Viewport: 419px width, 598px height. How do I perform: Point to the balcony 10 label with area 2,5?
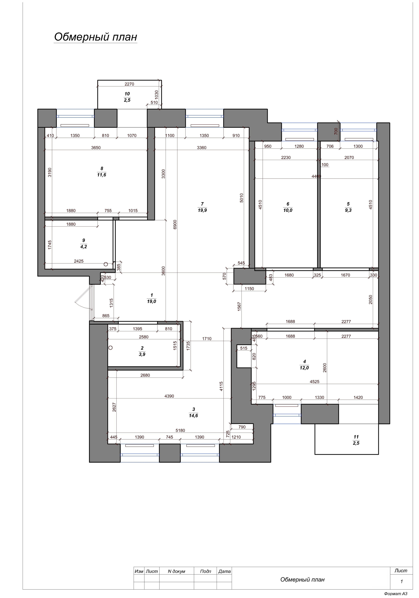tap(127, 97)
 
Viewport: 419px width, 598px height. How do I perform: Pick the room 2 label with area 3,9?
tap(142, 351)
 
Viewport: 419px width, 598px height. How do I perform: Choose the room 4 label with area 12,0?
tap(304, 365)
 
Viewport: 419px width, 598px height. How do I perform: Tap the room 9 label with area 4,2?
tap(84, 243)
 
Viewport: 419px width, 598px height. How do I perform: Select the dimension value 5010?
tap(242, 198)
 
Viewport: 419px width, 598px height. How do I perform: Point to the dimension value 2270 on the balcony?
tap(129, 84)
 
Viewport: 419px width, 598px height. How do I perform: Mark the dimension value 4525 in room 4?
tap(315, 382)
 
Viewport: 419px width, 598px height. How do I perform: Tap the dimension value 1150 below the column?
tap(249, 289)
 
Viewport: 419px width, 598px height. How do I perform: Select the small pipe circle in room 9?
tap(106, 264)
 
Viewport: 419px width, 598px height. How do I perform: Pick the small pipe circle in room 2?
tap(110, 348)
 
